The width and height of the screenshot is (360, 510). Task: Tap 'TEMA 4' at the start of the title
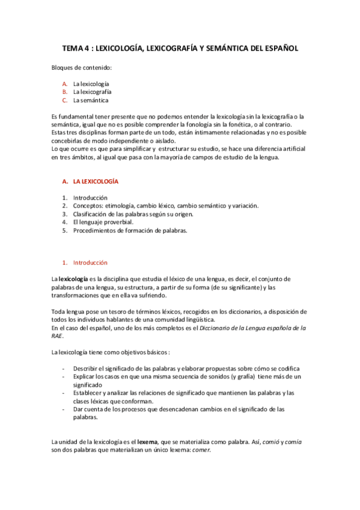(76, 48)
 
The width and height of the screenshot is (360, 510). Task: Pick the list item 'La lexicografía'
(92, 92)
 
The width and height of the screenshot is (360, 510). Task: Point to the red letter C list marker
(64, 100)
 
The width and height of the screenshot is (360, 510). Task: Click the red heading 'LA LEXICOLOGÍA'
(96, 180)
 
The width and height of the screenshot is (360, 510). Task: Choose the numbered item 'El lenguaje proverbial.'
(99, 222)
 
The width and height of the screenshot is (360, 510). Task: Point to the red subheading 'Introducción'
(90, 263)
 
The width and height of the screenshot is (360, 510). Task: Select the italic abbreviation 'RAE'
(57, 336)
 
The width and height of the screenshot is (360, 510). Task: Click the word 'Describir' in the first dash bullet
(86, 368)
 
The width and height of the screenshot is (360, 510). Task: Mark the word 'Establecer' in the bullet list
(88, 393)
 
